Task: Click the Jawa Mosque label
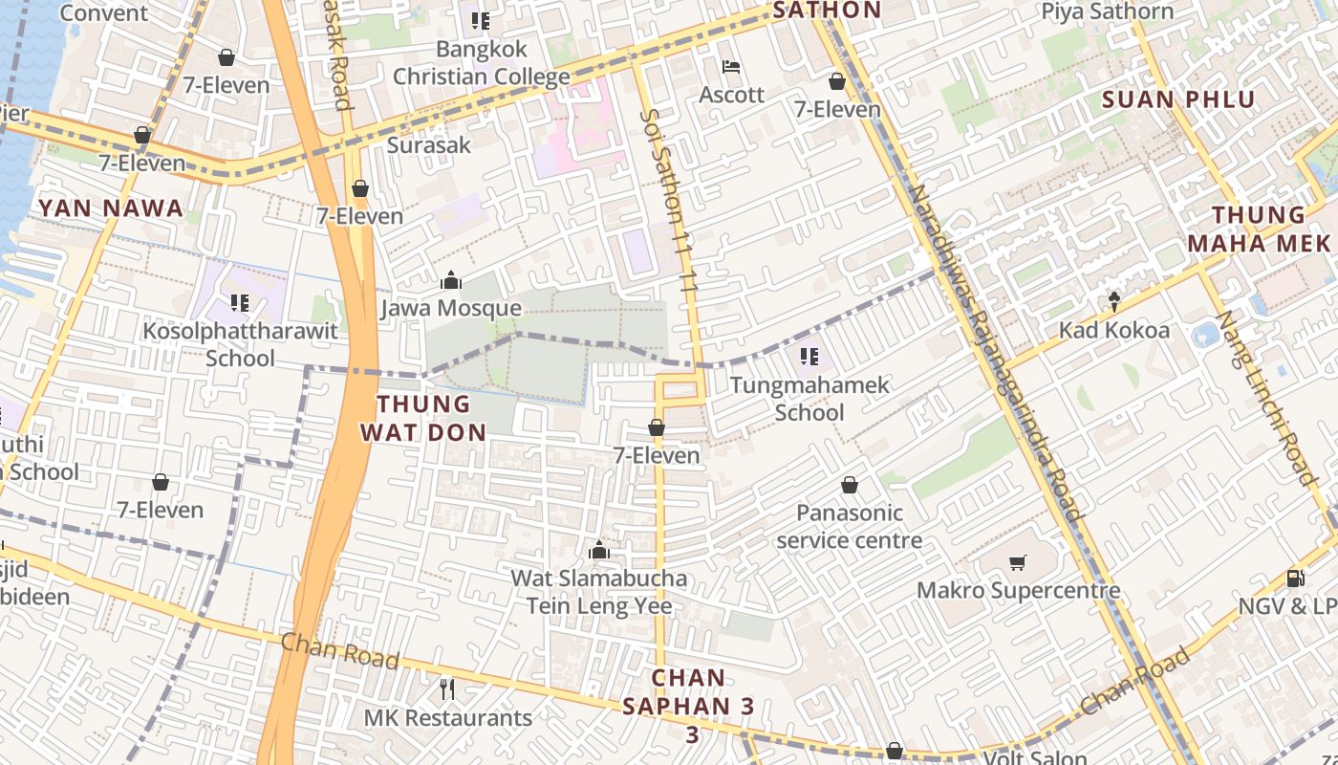(451, 308)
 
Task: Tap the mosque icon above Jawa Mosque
(450, 280)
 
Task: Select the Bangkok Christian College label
(482, 62)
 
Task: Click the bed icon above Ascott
(731, 67)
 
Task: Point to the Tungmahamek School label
(809, 399)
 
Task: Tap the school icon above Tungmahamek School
(809, 357)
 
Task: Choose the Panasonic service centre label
(849, 526)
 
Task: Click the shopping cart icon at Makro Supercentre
(1018, 562)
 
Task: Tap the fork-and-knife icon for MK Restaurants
(447, 688)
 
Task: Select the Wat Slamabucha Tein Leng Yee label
(599, 592)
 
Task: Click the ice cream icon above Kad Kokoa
(1113, 302)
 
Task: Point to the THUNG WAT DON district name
(423, 418)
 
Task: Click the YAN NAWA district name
(110, 208)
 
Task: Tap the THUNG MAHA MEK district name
(1259, 229)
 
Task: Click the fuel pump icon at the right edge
(1296, 577)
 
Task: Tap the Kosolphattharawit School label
(240, 344)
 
